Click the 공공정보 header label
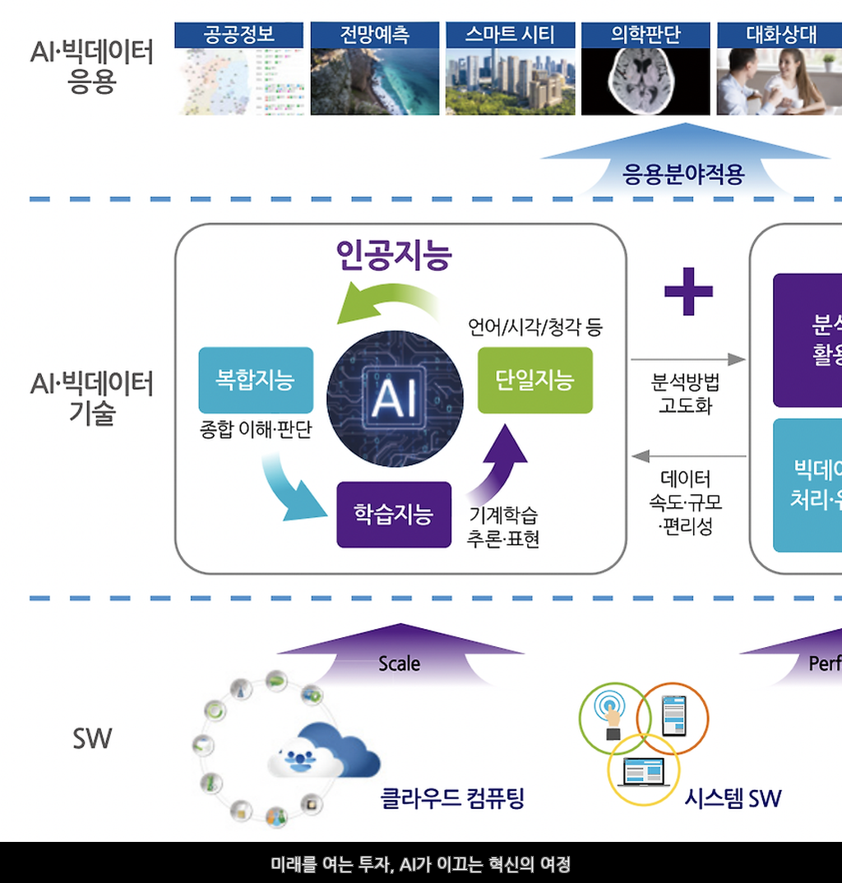pos(238,35)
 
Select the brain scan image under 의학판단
pos(645,81)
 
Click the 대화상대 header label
pos(781,35)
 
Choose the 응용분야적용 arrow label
pos(684,175)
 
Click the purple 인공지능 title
pos(395,255)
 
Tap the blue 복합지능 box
pos(256,380)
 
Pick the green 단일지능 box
pos(534,380)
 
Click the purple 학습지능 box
pos(394,515)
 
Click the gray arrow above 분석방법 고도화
pos(687,359)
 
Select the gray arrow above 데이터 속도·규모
pos(687,455)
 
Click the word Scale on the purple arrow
pos(400,663)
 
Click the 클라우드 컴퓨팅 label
pos(452,797)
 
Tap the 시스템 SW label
pos(733,797)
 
